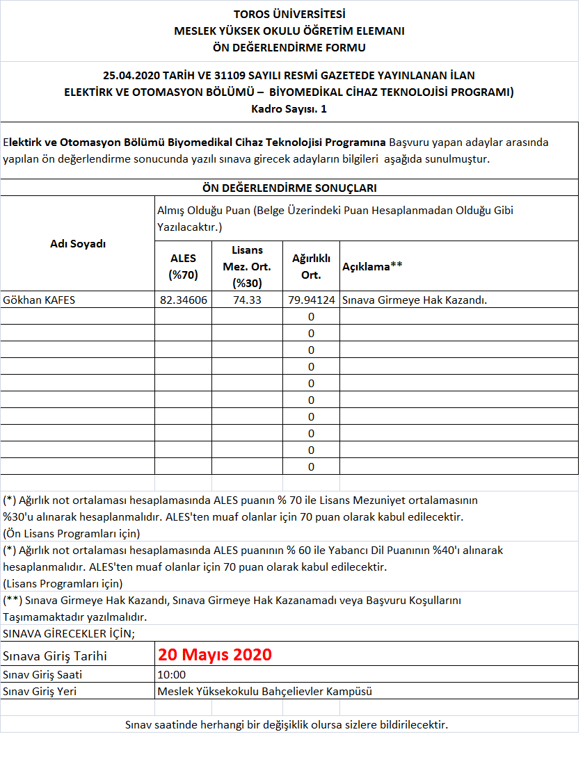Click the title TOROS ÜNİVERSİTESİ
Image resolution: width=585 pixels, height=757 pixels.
289,14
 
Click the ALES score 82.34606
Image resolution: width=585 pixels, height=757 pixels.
184,300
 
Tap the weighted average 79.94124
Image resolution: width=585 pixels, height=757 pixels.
311,300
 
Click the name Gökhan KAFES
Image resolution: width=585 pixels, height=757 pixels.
39,300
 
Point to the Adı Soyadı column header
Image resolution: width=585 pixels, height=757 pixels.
78,244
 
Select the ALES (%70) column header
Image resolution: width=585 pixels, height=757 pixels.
184,266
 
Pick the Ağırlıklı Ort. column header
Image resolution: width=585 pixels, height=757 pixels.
311,266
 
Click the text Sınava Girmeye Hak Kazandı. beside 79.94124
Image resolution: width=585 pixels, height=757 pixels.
415,300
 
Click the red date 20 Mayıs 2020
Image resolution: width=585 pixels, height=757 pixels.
214,655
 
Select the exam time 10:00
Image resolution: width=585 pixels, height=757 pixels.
172,674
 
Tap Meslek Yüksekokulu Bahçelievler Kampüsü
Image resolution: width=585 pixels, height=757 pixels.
265,691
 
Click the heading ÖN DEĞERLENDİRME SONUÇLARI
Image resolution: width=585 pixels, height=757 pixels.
289,188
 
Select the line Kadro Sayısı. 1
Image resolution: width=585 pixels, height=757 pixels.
289,108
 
